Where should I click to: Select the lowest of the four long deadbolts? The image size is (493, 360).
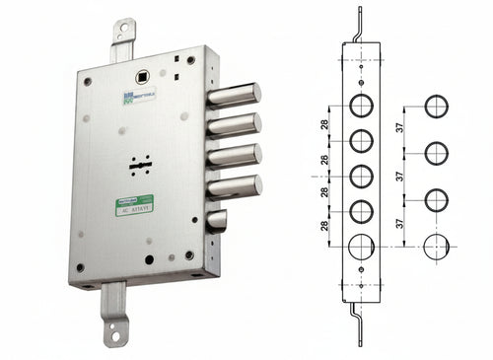point(233,184)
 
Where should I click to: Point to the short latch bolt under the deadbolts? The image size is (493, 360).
point(216,220)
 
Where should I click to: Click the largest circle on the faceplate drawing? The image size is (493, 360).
point(362,246)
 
